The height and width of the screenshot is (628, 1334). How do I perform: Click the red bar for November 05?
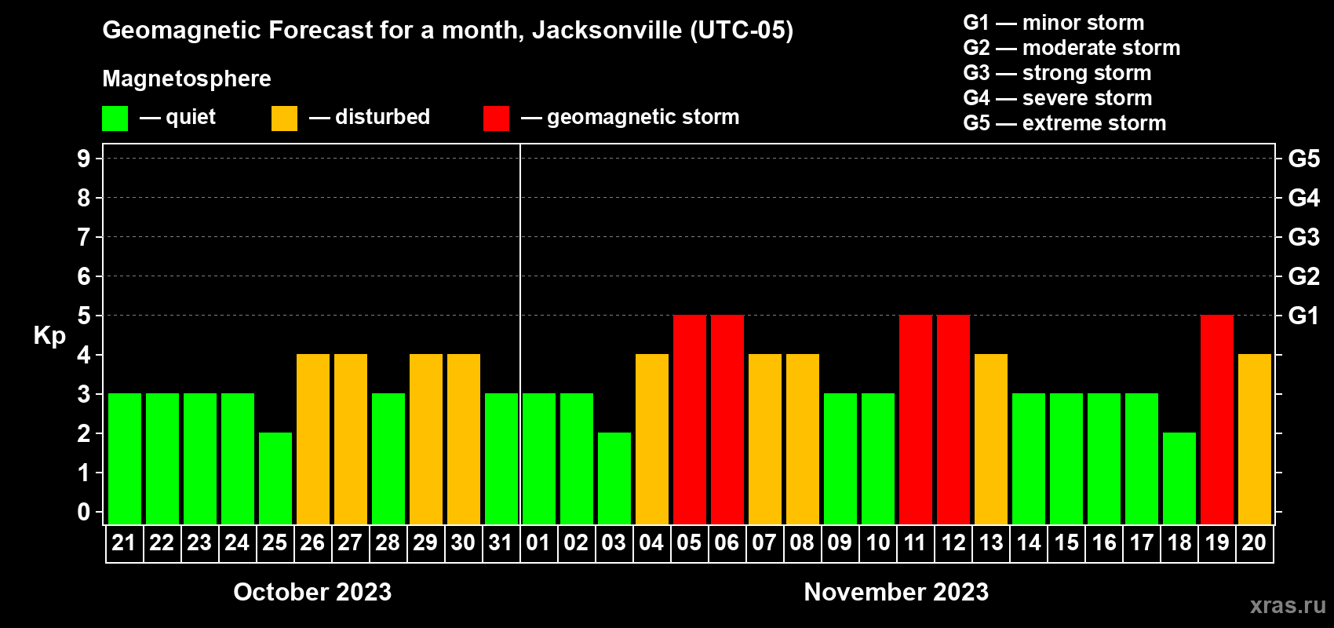[x=689, y=419]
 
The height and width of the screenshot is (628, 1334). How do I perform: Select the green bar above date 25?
[x=275, y=478]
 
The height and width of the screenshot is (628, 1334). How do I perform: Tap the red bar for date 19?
[x=1216, y=419]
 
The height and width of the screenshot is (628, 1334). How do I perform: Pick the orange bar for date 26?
[x=312, y=439]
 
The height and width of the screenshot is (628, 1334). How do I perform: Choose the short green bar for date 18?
[x=1179, y=478]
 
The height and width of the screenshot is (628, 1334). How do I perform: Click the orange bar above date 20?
[x=1254, y=439]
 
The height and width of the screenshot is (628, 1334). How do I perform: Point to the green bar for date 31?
[x=501, y=458]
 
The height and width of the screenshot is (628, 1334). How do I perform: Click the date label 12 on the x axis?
[x=953, y=543]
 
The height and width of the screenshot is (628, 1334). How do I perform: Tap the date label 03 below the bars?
[x=614, y=543]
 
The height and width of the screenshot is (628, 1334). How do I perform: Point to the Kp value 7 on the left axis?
[x=84, y=237]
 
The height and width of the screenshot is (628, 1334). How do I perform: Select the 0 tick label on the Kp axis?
[x=84, y=512]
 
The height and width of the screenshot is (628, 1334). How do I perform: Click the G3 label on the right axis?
[x=1303, y=237]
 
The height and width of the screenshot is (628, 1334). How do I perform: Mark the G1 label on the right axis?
[x=1303, y=316]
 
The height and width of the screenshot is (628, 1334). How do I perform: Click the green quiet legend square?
[x=115, y=119]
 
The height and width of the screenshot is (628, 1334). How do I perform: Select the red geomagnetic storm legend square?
[x=496, y=119]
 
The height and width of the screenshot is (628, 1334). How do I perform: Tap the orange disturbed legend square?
[x=284, y=119]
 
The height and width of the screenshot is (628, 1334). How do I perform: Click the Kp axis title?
[x=49, y=336]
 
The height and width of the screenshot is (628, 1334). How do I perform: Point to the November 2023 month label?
[x=896, y=592]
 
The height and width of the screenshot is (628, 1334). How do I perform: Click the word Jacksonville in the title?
[x=607, y=31]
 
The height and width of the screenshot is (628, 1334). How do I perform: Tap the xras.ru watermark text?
[x=1287, y=605]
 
